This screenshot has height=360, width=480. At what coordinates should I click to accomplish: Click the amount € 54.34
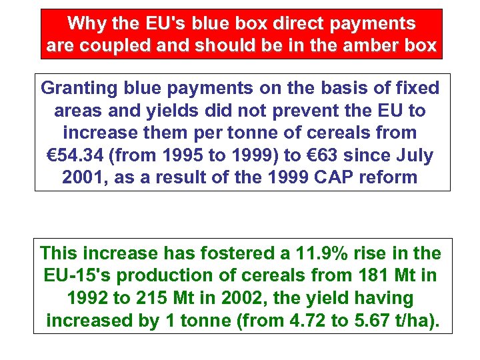pos(78,156)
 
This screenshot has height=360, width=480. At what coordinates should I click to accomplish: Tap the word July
pos(413,156)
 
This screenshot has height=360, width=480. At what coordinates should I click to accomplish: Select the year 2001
pos(83,179)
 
